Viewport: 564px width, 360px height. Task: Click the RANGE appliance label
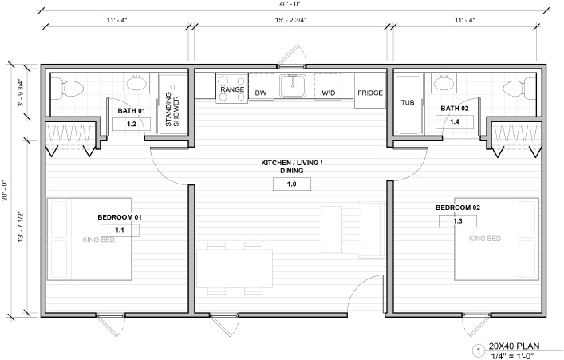[232, 89]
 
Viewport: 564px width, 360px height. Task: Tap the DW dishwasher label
[261, 93]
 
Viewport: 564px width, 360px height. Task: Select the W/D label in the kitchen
[329, 93]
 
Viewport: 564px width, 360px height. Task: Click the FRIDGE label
[370, 93]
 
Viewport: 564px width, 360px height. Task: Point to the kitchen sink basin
[293, 86]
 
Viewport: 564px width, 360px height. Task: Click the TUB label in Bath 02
[408, 103]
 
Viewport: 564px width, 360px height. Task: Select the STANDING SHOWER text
[172, 109]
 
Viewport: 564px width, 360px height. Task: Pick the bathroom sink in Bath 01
[136, 84]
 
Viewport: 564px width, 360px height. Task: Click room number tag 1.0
[292, 184]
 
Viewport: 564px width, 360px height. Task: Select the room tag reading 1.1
[120, 230]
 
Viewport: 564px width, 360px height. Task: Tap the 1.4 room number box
[455, 121]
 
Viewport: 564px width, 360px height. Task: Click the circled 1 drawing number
[479, 350]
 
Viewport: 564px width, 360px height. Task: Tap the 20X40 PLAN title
[514, 346]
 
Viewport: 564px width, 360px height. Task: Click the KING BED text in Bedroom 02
[485, 239]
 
